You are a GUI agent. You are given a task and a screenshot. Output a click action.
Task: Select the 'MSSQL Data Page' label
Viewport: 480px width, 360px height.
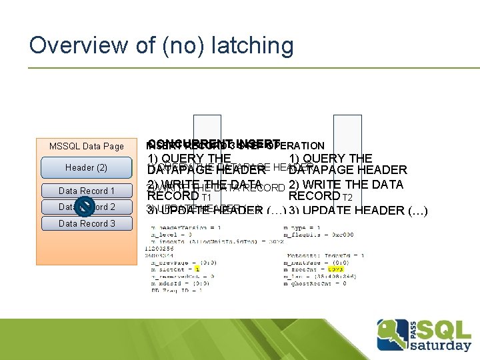coord(87,146)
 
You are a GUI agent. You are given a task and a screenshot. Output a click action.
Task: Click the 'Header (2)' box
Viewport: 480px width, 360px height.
coord(87,167)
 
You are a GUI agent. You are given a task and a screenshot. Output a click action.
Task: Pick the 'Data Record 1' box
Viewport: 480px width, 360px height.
coord(87,191)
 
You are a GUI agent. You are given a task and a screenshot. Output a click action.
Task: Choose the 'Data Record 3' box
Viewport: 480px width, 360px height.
coord(87,223)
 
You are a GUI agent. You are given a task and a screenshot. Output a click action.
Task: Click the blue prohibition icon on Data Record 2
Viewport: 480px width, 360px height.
coord(84,207)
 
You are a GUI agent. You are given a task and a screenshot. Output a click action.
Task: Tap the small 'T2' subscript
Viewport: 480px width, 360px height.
coord(347,197)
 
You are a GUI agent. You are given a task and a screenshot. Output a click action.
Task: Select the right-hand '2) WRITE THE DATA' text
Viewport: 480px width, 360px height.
coord(346,185)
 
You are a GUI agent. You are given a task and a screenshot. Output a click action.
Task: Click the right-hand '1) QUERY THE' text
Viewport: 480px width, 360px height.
coord(331,159)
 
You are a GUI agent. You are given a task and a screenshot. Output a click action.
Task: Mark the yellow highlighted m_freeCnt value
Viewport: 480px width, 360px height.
coord(335,270)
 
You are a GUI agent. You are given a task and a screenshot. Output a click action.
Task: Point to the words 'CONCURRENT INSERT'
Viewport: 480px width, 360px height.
coord(213,143)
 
